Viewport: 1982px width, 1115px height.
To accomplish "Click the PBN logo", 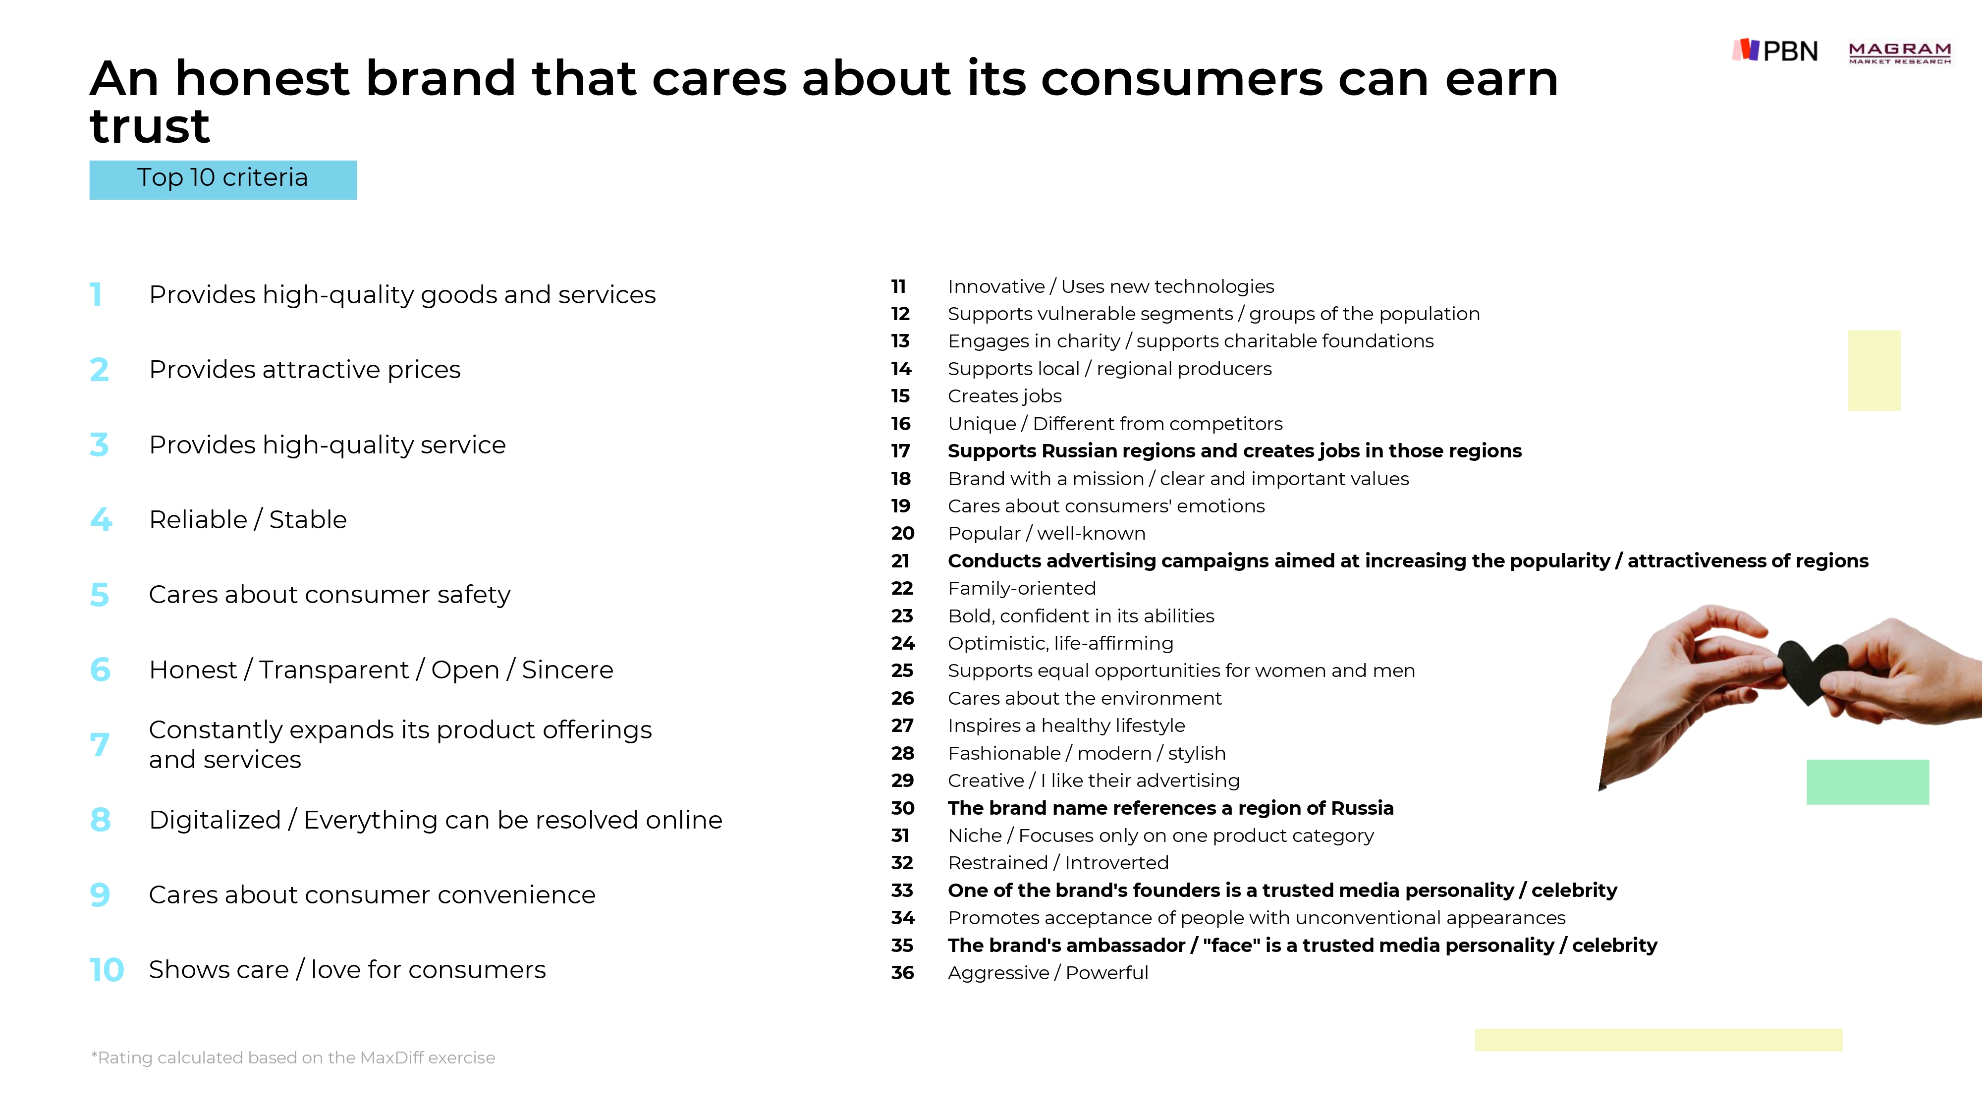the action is (1775, 51).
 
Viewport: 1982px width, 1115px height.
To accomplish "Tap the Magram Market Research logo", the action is (1900, 53).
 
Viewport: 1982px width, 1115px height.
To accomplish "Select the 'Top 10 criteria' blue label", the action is (223, 180).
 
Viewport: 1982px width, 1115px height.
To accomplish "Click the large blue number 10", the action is (106, 970).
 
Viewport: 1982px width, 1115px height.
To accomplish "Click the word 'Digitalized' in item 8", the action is (215, 820).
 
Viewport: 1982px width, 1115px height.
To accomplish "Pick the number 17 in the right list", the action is (900, 451).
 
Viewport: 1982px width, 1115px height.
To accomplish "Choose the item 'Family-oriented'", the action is (1022, 589).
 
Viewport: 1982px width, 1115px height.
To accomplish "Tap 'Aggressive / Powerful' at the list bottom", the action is (1048, 973).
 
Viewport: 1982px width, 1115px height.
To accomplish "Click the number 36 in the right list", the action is (902, 973).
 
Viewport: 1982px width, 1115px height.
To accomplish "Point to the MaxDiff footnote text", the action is (293, 1058).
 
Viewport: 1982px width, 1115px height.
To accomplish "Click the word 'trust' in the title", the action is (150, 126).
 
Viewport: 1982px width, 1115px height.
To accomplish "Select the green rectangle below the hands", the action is (1868, 782).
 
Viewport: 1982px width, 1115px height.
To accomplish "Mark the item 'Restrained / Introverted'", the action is (1058, 863).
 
